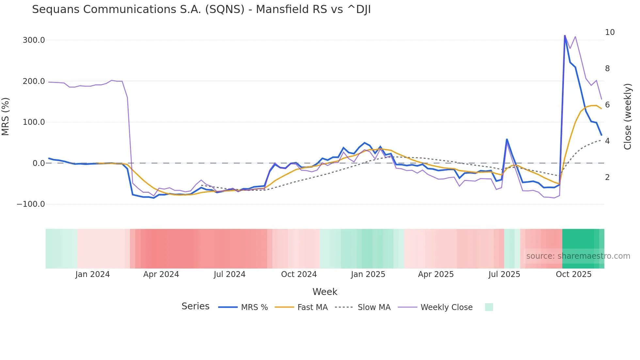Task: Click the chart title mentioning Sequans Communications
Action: pos(201,9)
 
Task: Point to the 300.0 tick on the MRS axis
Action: pos(34,40)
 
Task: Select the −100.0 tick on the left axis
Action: pos(31,204)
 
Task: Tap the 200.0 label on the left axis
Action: pos(34,81)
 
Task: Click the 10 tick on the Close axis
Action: pos(610,32)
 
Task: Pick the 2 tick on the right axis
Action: pos(607,177)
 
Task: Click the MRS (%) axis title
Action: pos(6,116)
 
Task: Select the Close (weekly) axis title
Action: pos(627,116)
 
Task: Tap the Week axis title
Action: pos(325,292)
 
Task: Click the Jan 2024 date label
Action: pos(92,274)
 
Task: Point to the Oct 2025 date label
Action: pos(573,274)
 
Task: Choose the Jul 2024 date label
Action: pos(230,274)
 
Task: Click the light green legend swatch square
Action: pos(489,307)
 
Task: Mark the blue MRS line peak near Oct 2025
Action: pos(565,36)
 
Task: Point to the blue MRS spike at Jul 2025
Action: pos(507,139)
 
